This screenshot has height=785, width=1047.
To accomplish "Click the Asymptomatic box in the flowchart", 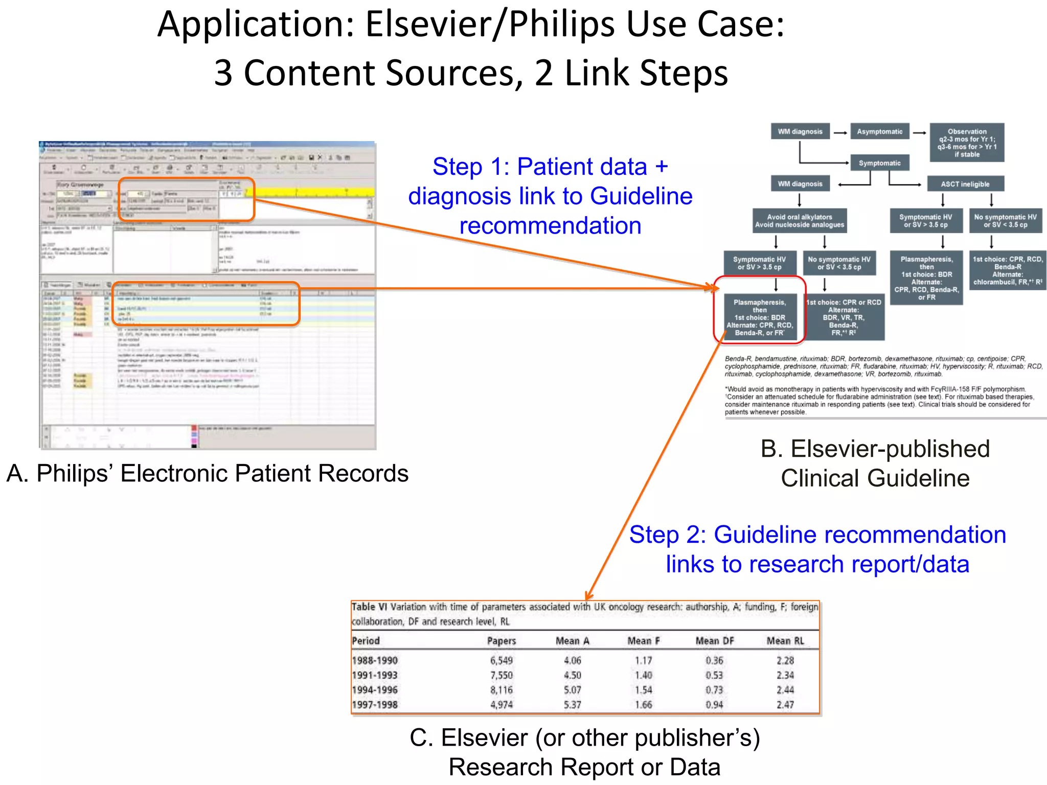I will [879, 132].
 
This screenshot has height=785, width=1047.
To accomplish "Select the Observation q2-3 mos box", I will [966, 143].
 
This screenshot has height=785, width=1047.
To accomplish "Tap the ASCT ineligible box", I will [965, 184].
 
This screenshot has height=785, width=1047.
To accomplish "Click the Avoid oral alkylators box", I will [800, 221].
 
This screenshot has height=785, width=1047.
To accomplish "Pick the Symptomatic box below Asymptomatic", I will [879, 163].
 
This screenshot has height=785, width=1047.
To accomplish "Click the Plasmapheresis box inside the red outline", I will [760, 317].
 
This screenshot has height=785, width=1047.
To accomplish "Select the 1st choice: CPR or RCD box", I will [844, 317].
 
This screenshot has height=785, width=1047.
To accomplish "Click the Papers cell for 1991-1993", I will [501, 675].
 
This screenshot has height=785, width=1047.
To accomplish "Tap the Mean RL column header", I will [785, 641].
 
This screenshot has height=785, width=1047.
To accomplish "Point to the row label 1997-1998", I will [375, 705].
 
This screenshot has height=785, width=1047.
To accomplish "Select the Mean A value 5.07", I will [572, 690].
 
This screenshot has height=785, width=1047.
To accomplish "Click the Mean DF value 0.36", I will [714, 660].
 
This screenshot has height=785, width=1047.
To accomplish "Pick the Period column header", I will [366, 641].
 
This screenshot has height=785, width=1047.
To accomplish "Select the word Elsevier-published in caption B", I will [890, 449].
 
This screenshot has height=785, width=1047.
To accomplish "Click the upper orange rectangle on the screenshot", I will [187, 199].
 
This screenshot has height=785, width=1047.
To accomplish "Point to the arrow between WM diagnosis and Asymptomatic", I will [840, 132].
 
